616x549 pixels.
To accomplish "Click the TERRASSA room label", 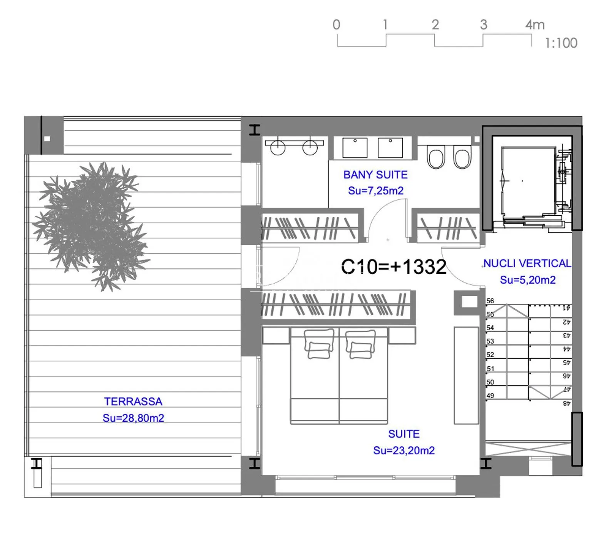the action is coord(133,401).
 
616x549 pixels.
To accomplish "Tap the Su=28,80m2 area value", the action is coord(133,418).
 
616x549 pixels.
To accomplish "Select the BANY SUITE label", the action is coord(375,175).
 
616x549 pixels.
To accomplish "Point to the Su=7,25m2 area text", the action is coord(376,191).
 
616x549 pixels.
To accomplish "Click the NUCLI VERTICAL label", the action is coord(527,264).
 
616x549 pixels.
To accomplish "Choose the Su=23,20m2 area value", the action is coord(404,450).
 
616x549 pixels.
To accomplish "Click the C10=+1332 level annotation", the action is coord(393,266).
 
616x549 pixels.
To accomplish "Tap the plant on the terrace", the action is coord(91,226).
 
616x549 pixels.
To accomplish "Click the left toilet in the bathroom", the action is coord(436,157).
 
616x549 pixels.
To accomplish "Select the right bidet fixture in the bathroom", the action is coord(462,157).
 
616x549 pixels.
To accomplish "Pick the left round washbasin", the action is coord(278,147).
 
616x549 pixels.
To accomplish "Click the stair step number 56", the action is coord(490,301).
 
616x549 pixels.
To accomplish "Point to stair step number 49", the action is coord(490,396).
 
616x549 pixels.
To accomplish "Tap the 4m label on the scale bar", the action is coord(535,25).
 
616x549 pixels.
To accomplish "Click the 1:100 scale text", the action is coord(561,43).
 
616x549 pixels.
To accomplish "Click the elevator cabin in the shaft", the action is coord(528,181).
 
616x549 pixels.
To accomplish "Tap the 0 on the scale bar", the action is coord(336,25).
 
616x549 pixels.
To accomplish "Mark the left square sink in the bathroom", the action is coord(355,148).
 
